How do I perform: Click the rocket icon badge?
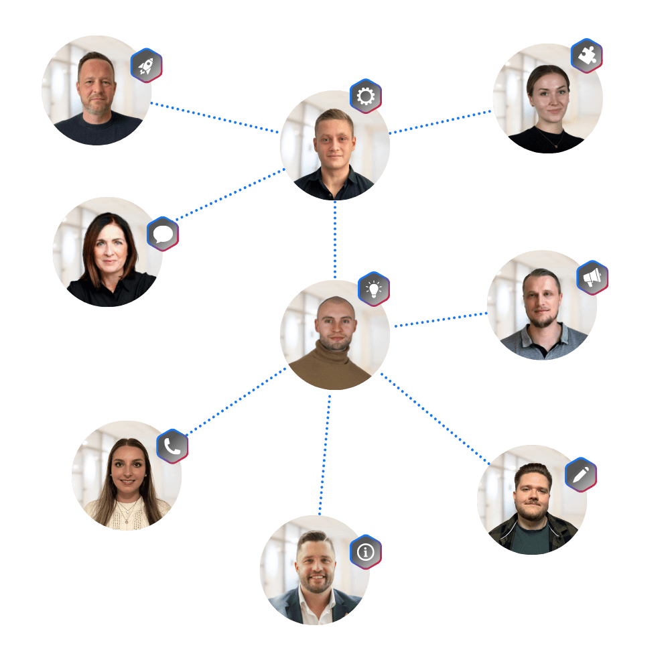click(147, 66)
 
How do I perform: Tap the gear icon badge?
click(366, 96)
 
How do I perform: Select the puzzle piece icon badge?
click(586, 56)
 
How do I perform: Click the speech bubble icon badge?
click(163, 234)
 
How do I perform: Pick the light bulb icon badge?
click(374, 289)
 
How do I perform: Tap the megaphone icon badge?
click(592, 277)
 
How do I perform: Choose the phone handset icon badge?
click(172, 446)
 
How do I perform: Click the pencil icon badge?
click(581, 475)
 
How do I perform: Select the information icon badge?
click(366, 552)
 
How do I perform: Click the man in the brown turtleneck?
click(334, 335)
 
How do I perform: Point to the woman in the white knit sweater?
click(127, 476)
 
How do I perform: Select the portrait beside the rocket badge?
click(96, 90)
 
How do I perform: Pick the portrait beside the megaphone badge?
click(542, 306)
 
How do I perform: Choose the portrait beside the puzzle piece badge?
click(547, 99)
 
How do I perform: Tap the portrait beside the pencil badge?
click(532, 499)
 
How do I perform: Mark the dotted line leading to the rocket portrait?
click(214, 117)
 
